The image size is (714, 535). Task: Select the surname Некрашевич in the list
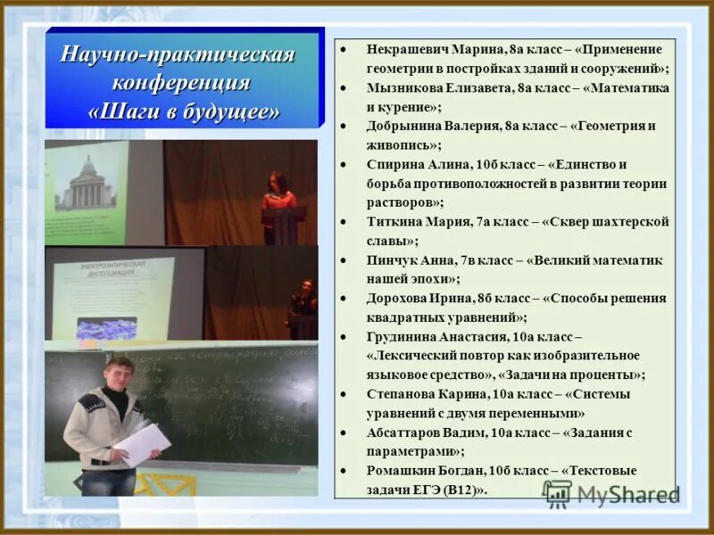pyautogui.click(x=409, y=48)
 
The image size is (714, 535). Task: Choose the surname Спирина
pyautogui.click(x=392, y=164)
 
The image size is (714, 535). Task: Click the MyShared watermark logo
pyautogui.click(x=610, y=494)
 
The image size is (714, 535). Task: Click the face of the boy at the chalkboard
pyautogui.click(x=118, y=374)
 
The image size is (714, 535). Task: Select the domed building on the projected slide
pyautogui.click(x=87, y=183)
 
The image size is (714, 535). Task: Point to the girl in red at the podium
pyautogui.click(x=278, y=197)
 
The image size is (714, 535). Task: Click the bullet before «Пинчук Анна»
pyautogui.click(x=345, y=259)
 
